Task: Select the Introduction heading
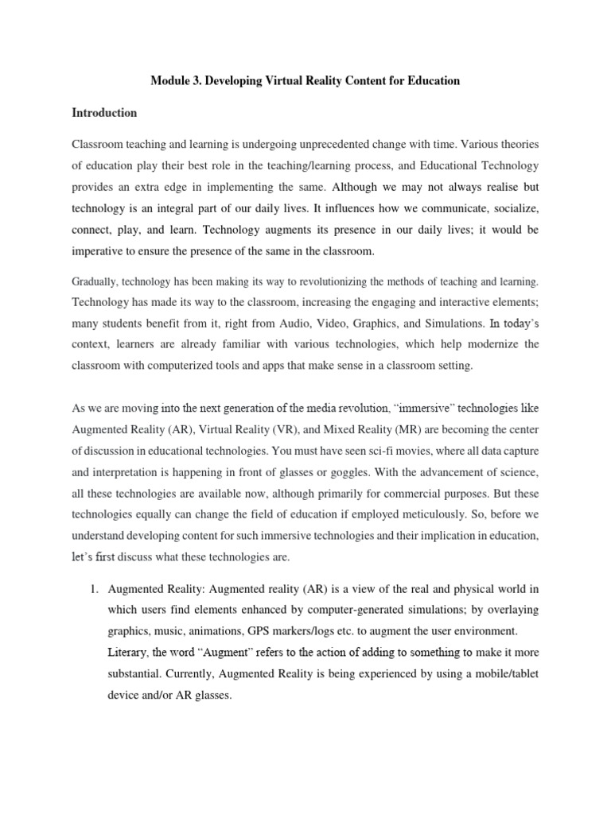[x=104, y=113]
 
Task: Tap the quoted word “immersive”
[x=414, y=409]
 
